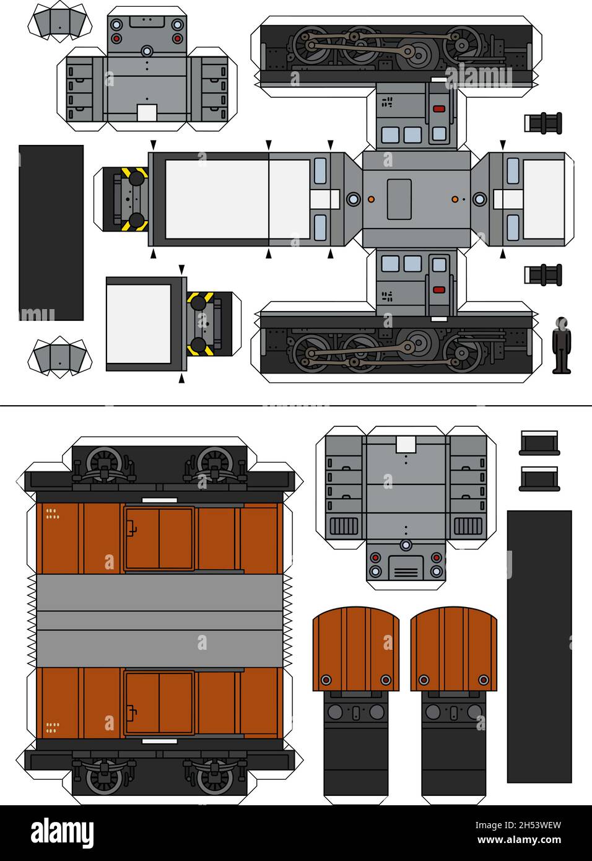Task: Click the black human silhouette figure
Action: click(x=561, y=345)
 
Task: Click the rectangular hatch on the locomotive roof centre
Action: click(x=399, y=199)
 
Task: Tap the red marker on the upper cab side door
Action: click(x=439, y=109)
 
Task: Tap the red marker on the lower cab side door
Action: click(x=439, y=290)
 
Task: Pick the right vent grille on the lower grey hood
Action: click(x=468, y=526)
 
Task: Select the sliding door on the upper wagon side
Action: click(x=160, y=538)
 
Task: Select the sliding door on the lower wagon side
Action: click(x=160, y=702)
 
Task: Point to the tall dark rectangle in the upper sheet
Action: click(x=51, y=232)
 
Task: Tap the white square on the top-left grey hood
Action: click(x=147, y=112)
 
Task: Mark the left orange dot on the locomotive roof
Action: click(x=371, y=199)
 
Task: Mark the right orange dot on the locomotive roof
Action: click(x=455, y=199)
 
